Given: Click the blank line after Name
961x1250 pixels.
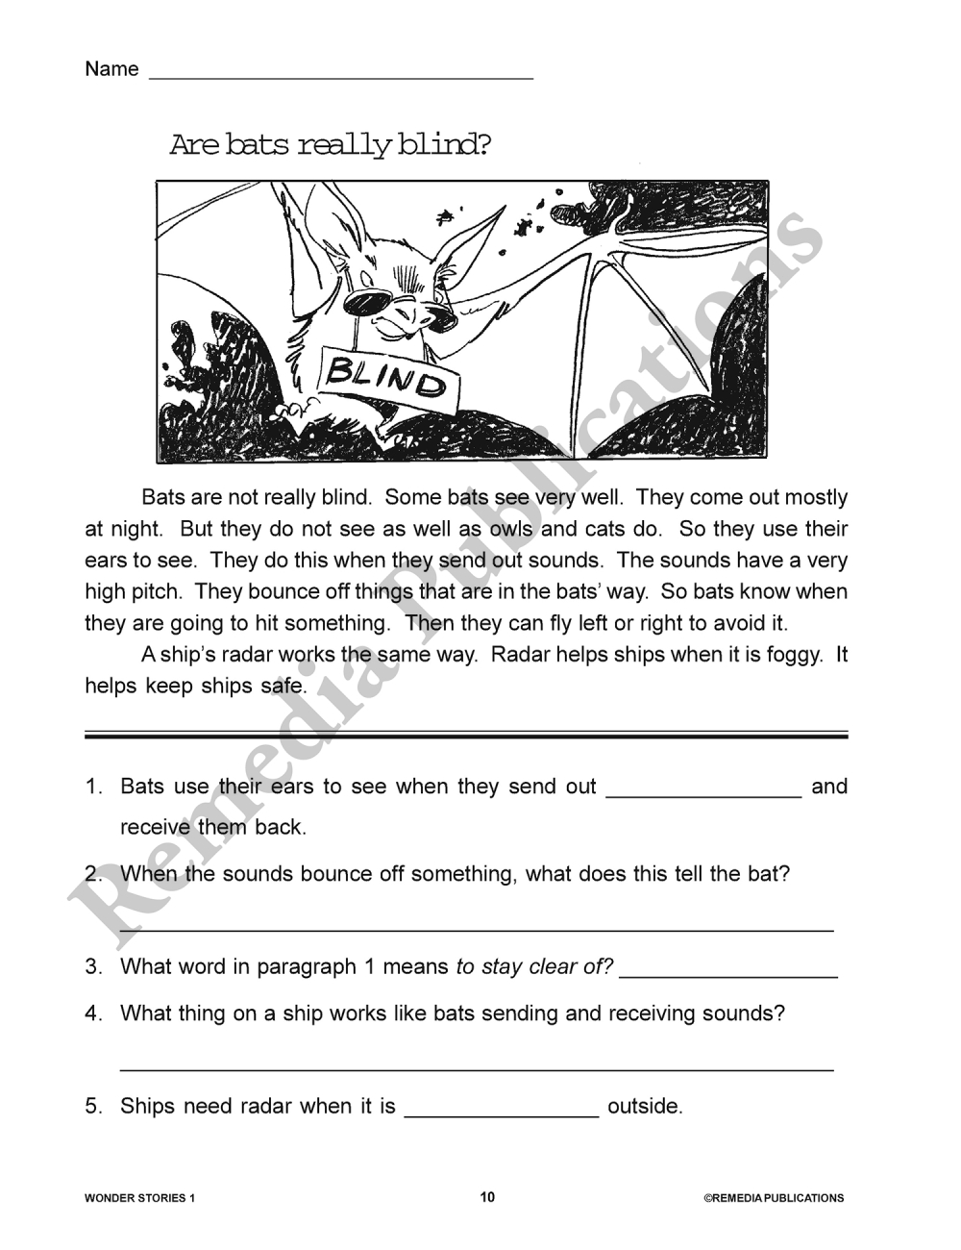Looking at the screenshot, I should click(x=340, y=75).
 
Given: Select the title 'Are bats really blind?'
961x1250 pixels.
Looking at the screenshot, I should click(x=331, y=145).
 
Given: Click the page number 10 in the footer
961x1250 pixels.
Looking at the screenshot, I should click(x=487, y=1197).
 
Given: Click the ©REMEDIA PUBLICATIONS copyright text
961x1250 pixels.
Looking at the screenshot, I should click(x=774, y=1198).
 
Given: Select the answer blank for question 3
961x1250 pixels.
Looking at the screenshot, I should click(x=728, y=974).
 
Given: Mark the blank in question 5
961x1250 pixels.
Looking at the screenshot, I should click(x=502, y=1113).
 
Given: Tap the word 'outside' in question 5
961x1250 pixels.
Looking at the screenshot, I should click(x=644, y=1106).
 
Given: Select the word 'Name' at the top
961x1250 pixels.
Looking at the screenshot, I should click(x=111, y=69).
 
